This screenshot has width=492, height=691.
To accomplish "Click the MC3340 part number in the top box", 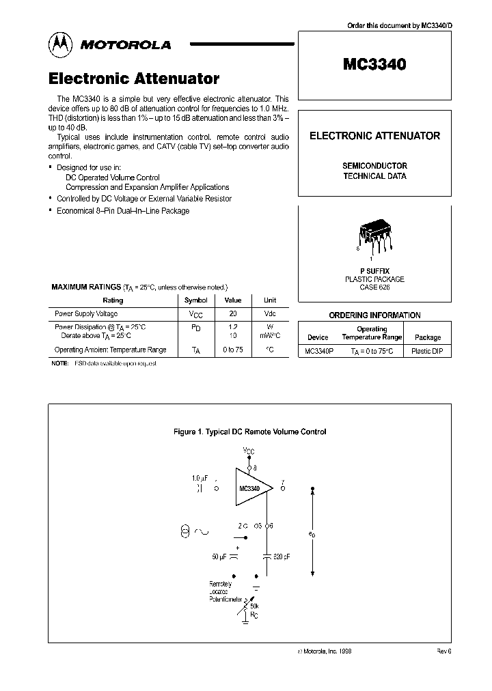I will point(374,65).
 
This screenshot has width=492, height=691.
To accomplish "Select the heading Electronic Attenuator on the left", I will point(134,79).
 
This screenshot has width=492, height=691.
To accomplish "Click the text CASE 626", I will point(374,287).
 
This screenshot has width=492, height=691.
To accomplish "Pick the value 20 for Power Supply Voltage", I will point(233,314).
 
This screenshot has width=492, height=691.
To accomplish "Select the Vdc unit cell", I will point(269,314).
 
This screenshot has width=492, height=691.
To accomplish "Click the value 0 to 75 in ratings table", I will point(233,350).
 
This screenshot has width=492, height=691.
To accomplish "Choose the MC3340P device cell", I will point(318,350).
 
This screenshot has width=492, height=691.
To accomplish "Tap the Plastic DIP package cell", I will point(428,350).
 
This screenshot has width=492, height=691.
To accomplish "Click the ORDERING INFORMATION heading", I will point(374,315).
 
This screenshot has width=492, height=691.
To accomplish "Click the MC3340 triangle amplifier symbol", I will point(251,488).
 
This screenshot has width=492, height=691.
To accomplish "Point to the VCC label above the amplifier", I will point(249,451).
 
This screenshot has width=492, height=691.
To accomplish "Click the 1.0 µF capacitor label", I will point(199,479).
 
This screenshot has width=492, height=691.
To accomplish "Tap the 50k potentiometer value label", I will point(254,606).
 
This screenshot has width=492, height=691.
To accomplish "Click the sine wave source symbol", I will point(202,531).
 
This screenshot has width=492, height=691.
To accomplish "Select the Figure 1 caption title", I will point(250,432).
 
